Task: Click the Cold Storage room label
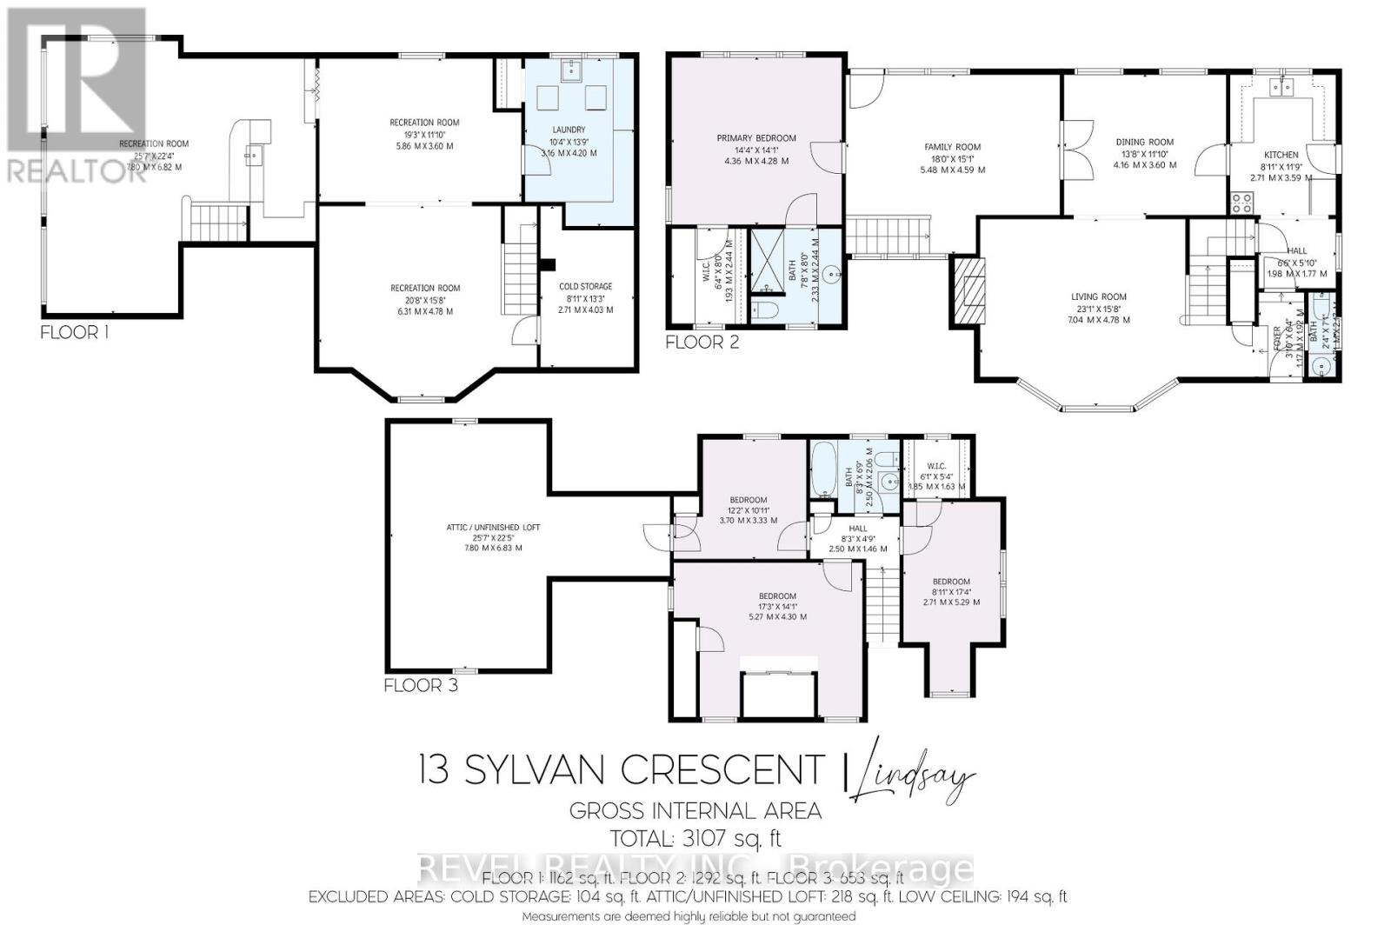tap(584, 286)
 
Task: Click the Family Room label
tap(952, 147)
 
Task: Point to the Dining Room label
tap(1144, 142)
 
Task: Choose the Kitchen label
tap(1281, 155)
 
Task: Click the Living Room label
tap(1099, 296)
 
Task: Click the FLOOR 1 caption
tap(76, 332)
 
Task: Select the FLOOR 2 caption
tap(702, 343)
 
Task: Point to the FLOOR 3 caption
tap(421, 686)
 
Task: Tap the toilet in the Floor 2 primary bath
tap(765, 311)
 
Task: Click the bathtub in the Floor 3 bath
tap(822, 469)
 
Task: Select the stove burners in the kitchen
tap(1241, 203)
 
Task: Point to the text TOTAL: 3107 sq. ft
tap(695, 839)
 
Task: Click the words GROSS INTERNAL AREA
tap(695, 811)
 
